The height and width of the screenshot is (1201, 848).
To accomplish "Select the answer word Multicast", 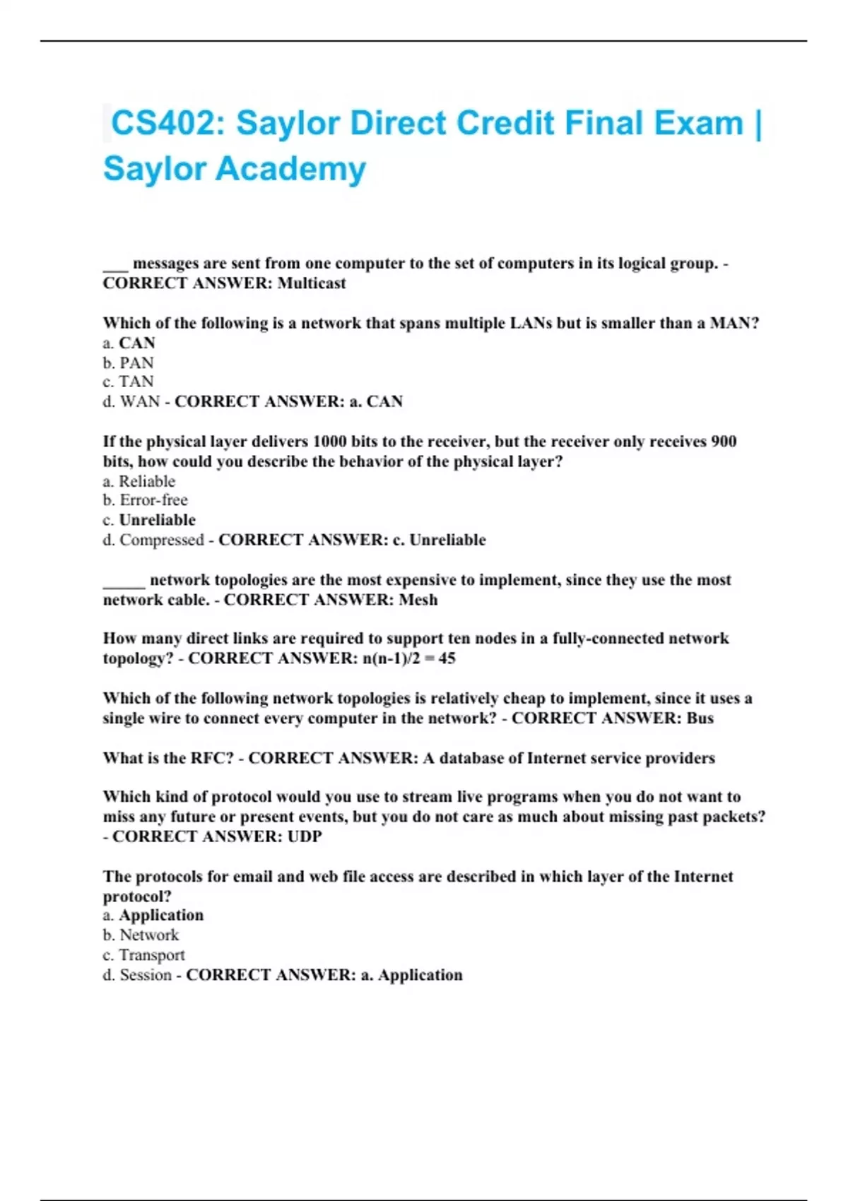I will click(x=312, y=283).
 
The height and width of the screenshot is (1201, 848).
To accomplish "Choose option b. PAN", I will click(x=129, y=363).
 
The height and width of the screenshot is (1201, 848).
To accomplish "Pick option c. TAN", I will click(x=128, y=382).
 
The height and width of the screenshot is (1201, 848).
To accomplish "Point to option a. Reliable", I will click(x=139, y=482).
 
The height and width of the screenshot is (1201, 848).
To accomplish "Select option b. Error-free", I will click(x=146, y=500).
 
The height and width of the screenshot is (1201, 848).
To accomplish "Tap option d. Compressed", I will click(x=153, y=540).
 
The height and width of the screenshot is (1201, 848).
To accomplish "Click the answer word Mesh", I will click(x=418, y=600).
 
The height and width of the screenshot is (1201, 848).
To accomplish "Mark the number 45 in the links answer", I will click(x=447, y=658).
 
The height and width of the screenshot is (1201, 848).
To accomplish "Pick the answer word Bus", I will click(x=700, y=718).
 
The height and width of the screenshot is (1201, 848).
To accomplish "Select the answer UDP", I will click(x=305, y=836).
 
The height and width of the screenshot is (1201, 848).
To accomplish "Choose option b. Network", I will click(x=141, y=935).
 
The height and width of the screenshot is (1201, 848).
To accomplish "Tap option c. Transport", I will click(x=144, y=955).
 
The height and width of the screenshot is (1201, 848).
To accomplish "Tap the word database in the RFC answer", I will click(x=480, y=758).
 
